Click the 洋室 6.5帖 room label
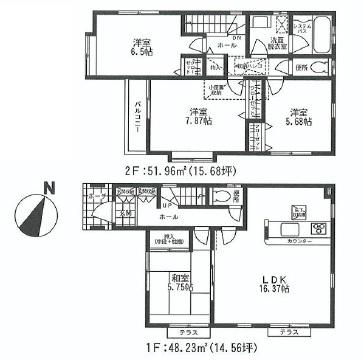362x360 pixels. (138, 47)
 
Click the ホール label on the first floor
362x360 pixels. (167, 216)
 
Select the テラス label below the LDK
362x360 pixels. (288, 329)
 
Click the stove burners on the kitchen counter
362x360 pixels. (320, 229)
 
